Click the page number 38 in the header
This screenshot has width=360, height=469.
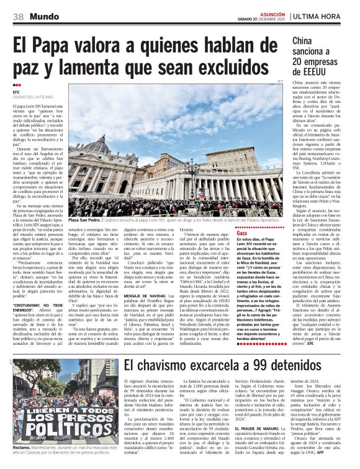click(18, 16)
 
